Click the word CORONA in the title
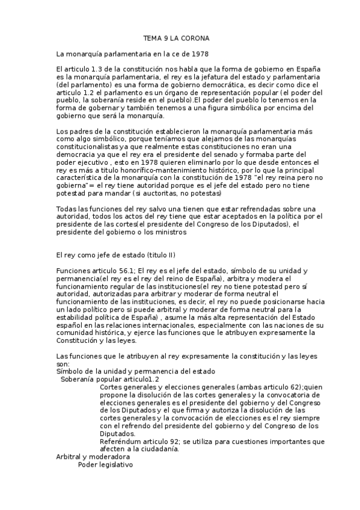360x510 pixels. pos(194,38)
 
